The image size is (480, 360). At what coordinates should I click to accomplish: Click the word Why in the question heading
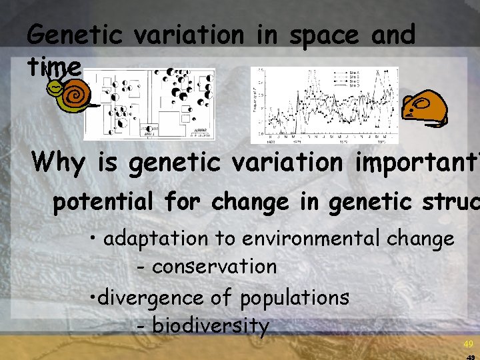tap(58, 162)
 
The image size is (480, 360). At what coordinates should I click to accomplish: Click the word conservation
tap(214, 267)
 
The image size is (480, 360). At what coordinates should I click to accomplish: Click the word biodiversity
tap(210, 326)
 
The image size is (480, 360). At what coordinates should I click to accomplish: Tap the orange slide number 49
tap(469, 344)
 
